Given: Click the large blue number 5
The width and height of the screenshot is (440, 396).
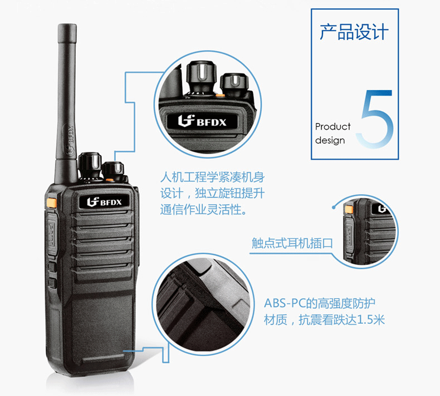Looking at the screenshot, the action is point(376,119).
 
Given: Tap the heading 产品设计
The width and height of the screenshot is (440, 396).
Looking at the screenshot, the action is point(354,32).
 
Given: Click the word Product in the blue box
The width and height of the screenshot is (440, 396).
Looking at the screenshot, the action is point(333,127).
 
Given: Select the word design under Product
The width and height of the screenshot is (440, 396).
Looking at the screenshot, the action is point(330,140).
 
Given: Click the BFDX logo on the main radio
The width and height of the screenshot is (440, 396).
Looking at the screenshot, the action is point(104,202).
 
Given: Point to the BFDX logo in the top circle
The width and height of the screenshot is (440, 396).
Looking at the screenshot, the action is point(202,121).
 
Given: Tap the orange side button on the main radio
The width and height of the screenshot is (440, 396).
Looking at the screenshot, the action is point(51,202).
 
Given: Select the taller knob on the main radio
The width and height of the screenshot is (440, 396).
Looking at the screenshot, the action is point(90,165).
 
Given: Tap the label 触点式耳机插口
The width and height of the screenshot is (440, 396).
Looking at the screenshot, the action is point(292,243).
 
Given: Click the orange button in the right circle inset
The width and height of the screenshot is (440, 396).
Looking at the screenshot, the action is point(349,209).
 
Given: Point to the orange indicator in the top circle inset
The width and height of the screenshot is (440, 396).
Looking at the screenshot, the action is point(220,95).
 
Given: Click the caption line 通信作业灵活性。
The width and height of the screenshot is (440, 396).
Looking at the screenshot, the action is point(204,210).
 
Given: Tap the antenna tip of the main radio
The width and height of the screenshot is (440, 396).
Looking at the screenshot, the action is point(67,25).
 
